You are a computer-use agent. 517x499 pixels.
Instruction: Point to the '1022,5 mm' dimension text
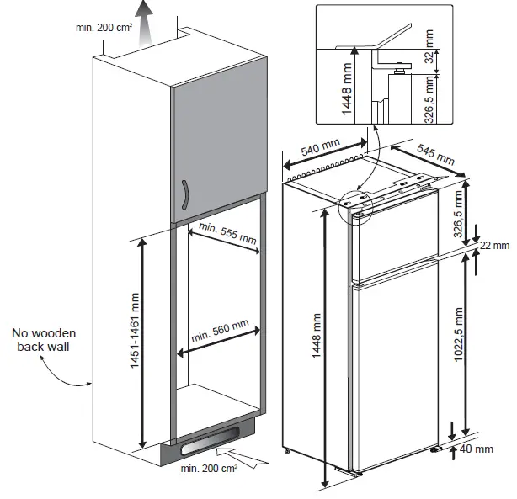459,344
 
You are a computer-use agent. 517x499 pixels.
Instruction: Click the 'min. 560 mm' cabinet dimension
220,332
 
